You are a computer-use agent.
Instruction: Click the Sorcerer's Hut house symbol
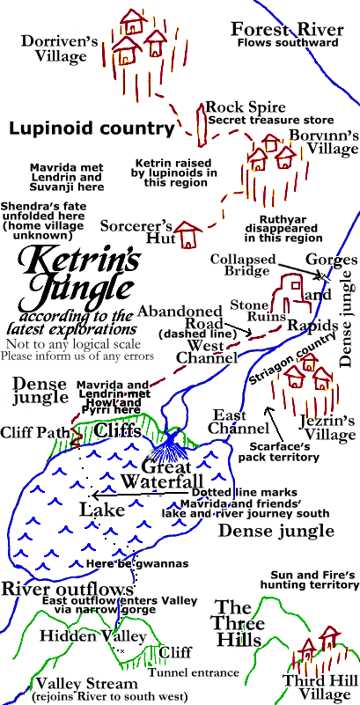[x=187, y=234]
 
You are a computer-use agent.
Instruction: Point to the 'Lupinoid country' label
[x=92, y=129]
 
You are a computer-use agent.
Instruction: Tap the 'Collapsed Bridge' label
[x=239, y=266]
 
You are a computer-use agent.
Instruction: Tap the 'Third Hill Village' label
[x=319, y=687]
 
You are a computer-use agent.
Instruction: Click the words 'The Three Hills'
[x=238, y=623]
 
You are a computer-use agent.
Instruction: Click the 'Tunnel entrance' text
[x=194, y=672]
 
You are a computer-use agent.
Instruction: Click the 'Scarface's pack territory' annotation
[x=298, y=452]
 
